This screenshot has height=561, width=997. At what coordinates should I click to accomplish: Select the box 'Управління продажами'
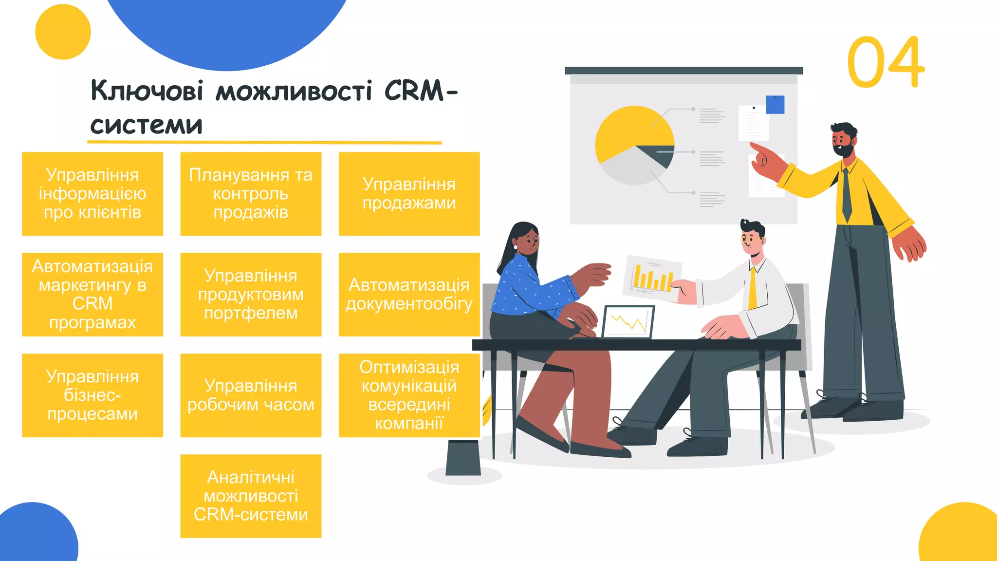(409, 194)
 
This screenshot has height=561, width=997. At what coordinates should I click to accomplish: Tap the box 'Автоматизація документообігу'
(409, 294)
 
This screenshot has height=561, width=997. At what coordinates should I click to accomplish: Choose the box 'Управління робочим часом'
(251, 395)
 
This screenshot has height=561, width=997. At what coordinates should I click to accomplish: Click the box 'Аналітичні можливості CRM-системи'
(251, 496)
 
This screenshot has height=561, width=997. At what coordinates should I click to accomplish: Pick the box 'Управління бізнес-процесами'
(92, 395)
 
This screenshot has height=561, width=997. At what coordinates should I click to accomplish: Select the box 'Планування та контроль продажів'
(251, 194)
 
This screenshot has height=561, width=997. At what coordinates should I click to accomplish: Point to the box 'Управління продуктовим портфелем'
(251, 294)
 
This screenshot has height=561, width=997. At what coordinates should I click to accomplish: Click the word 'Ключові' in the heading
(147, 91)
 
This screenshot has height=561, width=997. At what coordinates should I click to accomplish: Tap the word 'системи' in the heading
(146, 125)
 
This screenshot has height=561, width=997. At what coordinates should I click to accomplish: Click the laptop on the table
(628, 322)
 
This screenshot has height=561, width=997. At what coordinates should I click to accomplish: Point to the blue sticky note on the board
(775, 105)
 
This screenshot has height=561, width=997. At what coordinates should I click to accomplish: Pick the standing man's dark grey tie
(847, 195)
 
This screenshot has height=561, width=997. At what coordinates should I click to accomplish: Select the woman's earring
(516, 247)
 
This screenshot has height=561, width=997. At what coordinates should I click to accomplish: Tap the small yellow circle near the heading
(63, 32)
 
